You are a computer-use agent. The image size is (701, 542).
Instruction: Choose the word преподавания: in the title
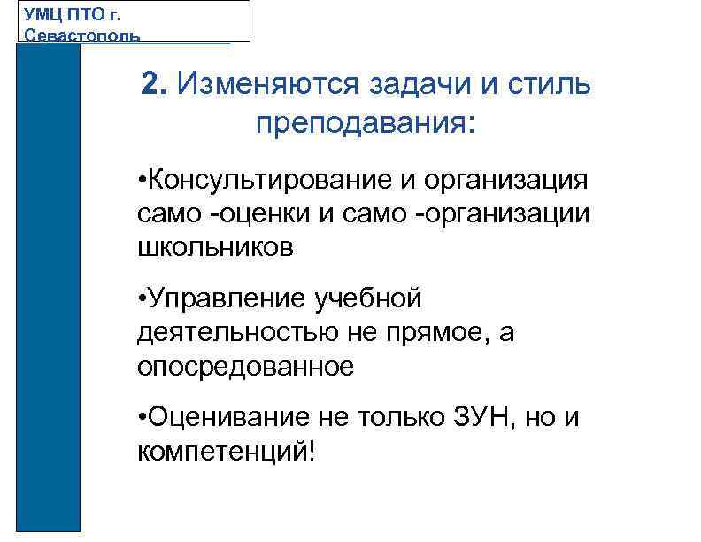click(x=366, y=122)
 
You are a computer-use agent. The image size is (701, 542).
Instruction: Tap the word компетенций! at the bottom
click(x=226, y=451)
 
